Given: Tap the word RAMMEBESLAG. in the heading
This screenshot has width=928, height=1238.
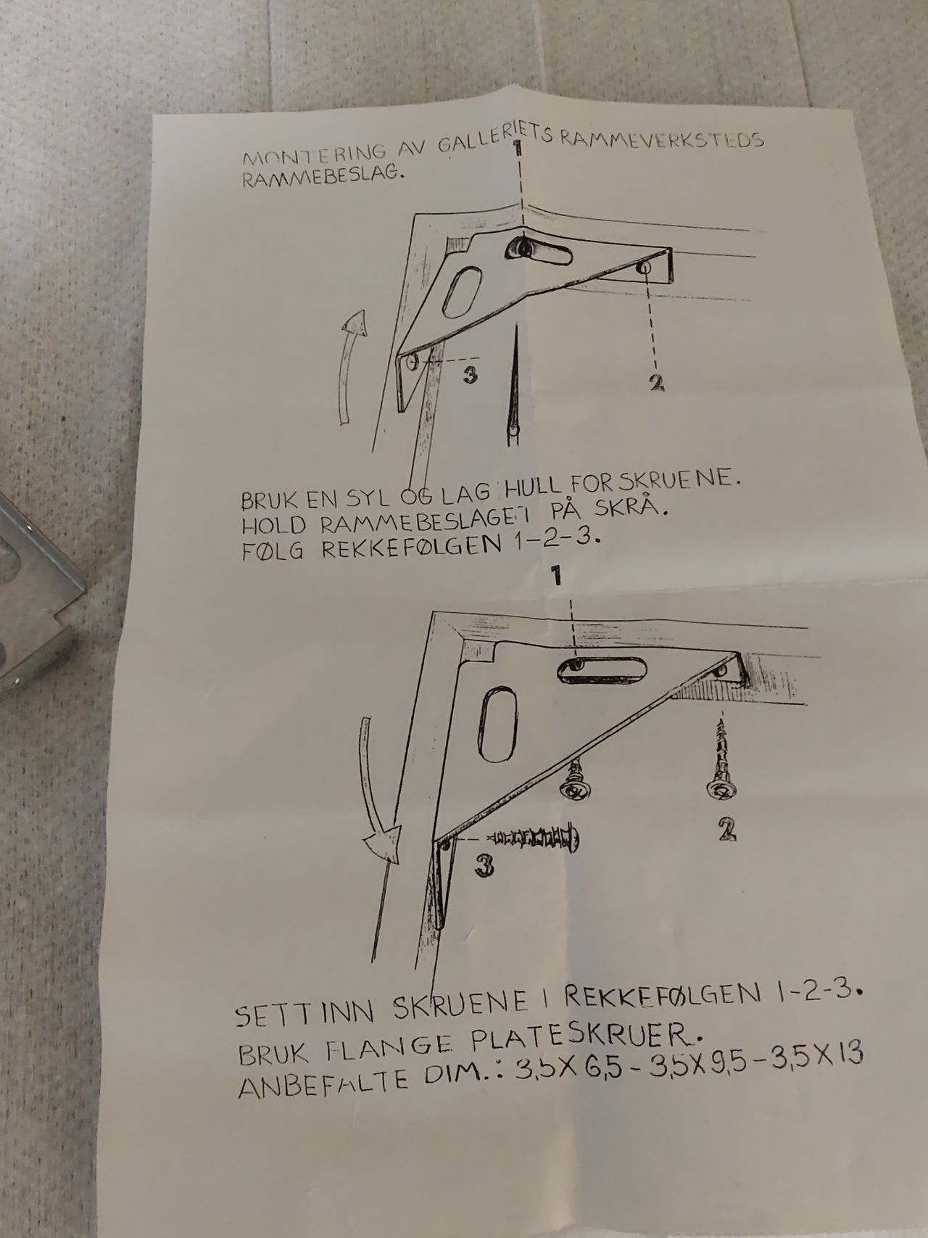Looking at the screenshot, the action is (x=321, y=180).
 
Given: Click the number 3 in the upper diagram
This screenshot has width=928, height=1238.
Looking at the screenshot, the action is (x=470, y=375).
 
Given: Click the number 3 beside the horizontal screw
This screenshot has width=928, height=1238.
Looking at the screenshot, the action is (x=484, y=865).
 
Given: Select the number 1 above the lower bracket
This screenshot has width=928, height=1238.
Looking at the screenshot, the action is (x=556, y=577).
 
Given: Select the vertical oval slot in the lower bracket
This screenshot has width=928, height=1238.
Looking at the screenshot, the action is (x=497, y=726).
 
